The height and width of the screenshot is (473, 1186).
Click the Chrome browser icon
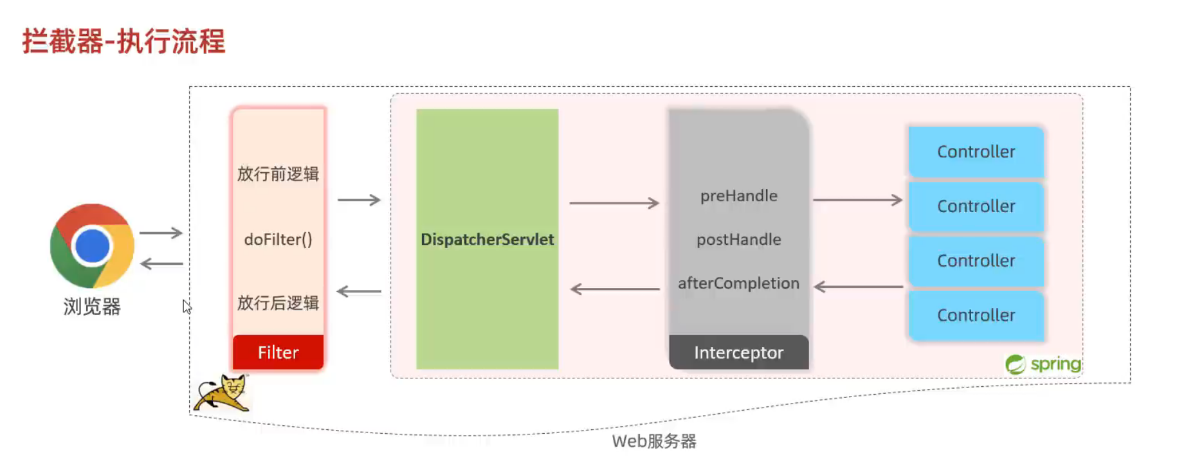click(x=92, y=245)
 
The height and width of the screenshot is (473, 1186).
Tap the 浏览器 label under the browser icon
click(x=92, y=307)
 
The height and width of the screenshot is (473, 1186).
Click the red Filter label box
click(x=278, y=352)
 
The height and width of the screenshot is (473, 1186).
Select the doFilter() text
click(x=278, y=240)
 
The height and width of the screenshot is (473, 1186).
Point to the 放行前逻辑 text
click(x=278, y=174)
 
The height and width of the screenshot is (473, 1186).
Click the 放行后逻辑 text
click(x=278, y=303)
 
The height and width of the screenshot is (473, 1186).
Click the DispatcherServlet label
click(x=487, y=240)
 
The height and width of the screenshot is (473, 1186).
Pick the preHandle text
click(x=738, y=196)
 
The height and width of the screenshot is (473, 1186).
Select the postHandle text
click(x=738, y=240)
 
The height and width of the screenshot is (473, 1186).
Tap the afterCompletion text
click(x=738, y=283)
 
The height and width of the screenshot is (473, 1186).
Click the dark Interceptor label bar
click(x=738, y=352)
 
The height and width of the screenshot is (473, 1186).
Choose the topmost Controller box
click(x=976, y=152)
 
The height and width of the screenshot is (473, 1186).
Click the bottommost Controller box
click(x=976, y=315)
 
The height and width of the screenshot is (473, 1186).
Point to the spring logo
click(x=1043, y=364)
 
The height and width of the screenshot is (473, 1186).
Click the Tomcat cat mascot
click(x=222, y=393)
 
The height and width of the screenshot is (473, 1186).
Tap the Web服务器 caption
click(x=653, y=442)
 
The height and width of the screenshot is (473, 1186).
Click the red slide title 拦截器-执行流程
click(x=123, y=42)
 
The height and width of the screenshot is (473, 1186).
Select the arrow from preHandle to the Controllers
click(x=857, y=201)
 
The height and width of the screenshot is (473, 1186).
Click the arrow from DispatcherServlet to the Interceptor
click(x=614, y=203)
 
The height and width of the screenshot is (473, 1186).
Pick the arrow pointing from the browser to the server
click(x=161, y=233)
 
